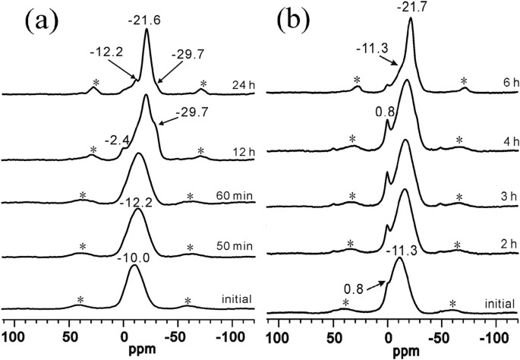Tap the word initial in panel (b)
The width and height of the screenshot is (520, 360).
tap(498, 304)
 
